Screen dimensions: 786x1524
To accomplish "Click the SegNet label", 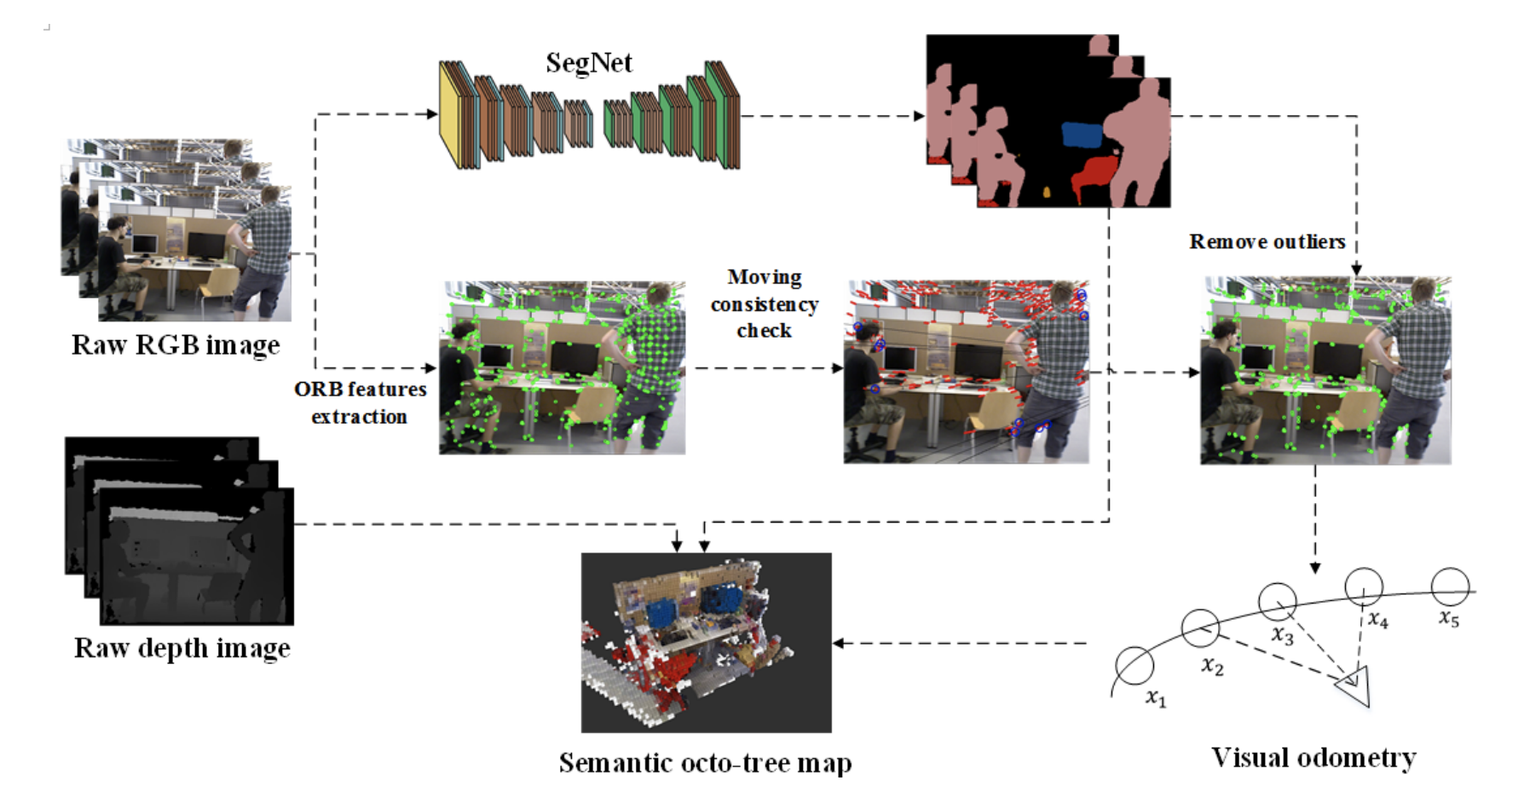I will pos(589,63).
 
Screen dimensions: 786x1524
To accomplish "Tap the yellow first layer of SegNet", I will pos(450,115).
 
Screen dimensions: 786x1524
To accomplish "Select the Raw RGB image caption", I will pos(176,344).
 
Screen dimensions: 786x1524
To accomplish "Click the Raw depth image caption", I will pos(182,648).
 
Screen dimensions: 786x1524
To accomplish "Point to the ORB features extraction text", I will pos(361,402).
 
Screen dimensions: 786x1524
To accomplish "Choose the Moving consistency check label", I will pos(765,303).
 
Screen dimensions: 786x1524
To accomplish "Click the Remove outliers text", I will pos(1267,242).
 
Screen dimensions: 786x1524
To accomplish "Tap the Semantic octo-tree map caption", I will pos(705,763).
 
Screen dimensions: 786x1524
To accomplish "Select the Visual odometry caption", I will pos(1313,757).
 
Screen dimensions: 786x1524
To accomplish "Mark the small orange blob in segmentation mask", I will pos(1047,193).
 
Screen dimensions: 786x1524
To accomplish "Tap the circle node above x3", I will pos(1277,602).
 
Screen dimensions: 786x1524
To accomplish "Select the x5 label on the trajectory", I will pos(1449,618).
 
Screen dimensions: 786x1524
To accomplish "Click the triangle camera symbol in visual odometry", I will pos(1354,685).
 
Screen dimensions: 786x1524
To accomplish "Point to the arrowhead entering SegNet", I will pos(433,114).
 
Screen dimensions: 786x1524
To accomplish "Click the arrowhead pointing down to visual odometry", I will pos(1315,568).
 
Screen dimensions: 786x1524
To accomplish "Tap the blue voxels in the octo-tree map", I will pos(661,612).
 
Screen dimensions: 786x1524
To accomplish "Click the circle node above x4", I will pos(1363,587).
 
